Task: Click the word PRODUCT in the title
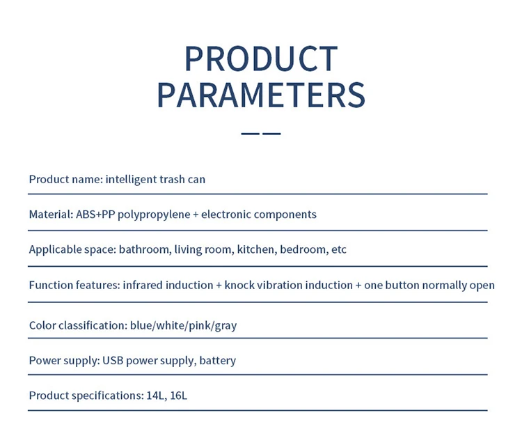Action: click(261, 59)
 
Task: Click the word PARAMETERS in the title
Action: click(261, 95)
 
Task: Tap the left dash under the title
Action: click(250, 134)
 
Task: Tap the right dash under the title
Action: click(271, 134)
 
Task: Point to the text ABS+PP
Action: click(95, 214)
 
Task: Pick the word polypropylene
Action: click(154, 215)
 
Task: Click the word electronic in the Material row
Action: click(226, 214)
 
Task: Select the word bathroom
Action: click(144, 249)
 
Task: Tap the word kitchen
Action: click(257, 249)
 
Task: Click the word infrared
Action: click(143, 285)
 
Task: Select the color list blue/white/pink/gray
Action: click(184, 326)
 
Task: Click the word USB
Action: click(113, 360)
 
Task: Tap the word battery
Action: click(218, 361)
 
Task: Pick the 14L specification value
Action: click(157, 396)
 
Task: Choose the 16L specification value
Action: click(178, 396)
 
